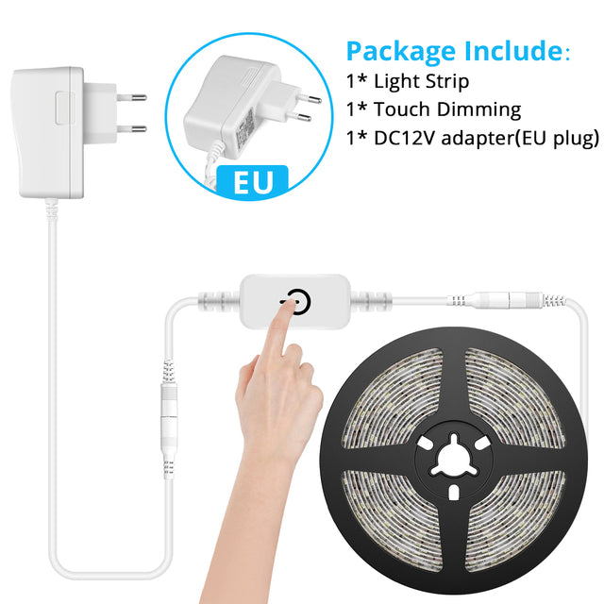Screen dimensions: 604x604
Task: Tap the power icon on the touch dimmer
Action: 298,301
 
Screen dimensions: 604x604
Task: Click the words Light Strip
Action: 422,81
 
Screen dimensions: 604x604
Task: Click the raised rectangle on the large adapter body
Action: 65,108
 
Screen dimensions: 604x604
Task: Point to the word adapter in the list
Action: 478,138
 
